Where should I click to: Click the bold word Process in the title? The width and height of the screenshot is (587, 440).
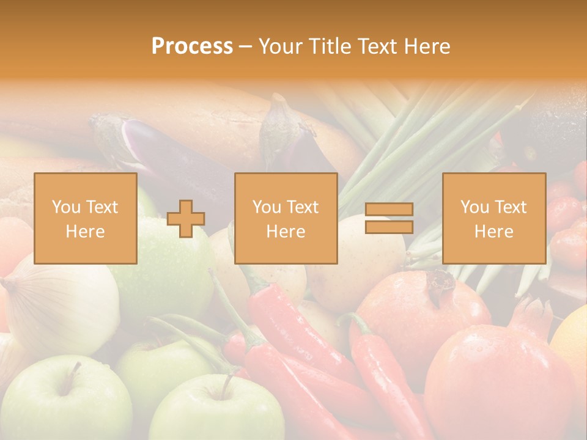tap(192, 46)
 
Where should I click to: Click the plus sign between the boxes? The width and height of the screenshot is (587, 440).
tap(186, 219)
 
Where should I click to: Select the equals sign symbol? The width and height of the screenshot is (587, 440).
tap(389, 218)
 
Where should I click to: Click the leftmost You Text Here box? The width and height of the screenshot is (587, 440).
tap(86, 218)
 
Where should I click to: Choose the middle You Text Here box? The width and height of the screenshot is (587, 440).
tap(286, 218)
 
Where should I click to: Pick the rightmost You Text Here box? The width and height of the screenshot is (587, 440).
tap(493, 218)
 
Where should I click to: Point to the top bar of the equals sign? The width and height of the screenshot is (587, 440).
tap(389, 210)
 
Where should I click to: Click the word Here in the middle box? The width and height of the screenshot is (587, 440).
tap(286, 232)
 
